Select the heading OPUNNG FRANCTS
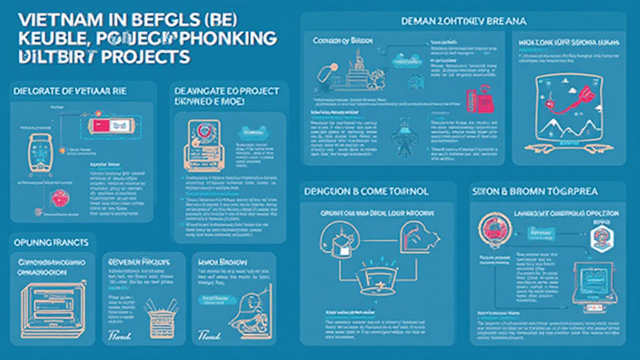click(51, 241)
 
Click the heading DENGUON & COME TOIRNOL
click(366, 191)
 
